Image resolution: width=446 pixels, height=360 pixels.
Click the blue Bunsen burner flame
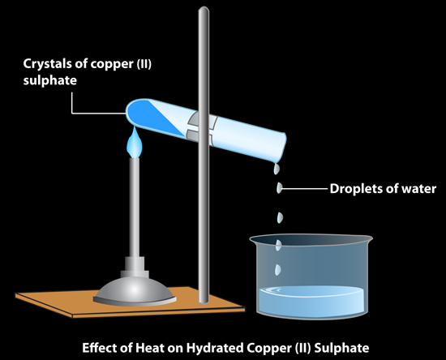coord(134,143)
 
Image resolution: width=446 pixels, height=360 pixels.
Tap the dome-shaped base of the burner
coord(135,291)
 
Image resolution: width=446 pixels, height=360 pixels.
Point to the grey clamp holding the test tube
coord(203,126)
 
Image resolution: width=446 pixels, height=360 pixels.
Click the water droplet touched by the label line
coord(279,188)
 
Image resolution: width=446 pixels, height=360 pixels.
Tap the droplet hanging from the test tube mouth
coord(277,169)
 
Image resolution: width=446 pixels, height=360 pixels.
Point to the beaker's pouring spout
coord(254,239)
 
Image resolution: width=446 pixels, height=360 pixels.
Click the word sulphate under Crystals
coord(50,80)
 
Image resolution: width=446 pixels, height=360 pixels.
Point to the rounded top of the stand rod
coord(204,10)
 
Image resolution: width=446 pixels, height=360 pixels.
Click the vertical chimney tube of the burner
coord(135,208)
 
